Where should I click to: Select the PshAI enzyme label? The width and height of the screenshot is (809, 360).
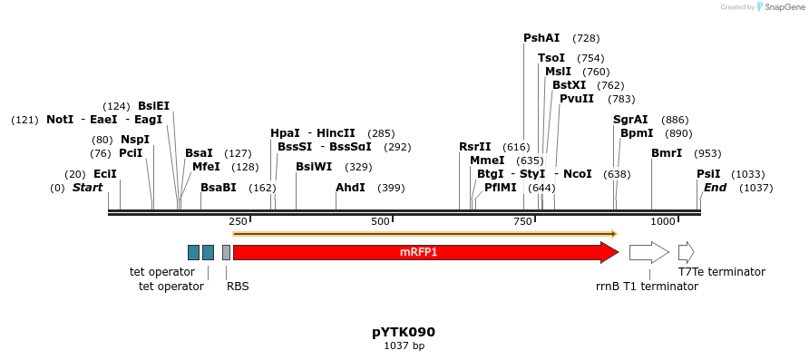[x=541, y=38]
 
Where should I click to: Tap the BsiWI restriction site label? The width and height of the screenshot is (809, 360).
[x=314, y=167]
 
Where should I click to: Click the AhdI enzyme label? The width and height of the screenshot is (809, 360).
[x=350, y=188]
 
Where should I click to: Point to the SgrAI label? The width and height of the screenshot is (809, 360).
[x=630, y=120]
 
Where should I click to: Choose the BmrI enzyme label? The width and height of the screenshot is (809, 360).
[x=667, y=153]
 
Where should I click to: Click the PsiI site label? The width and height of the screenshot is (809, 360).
[x=708, y=174]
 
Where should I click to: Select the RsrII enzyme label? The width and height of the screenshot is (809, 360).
[x=474, y=147]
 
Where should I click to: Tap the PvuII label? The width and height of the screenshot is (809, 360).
[x=577, y=99]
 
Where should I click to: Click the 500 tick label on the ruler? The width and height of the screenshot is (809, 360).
[x=380, y=221]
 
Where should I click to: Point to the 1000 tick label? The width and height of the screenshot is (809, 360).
[x=663, y=221]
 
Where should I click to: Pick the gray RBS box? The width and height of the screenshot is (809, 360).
[x=226, y=252]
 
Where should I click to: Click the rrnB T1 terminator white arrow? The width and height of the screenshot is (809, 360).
[x=648, y=252]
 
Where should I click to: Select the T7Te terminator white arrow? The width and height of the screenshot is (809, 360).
[x=686, y=252]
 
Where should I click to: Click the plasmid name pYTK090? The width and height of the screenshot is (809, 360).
[x=404, y=332]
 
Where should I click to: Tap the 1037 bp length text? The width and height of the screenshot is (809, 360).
[x=404, y=345]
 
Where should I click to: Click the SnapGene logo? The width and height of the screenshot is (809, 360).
[x=778, y=7]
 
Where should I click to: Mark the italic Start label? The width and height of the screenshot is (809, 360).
[x=88, y=188]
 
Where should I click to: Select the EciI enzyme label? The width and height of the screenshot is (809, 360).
[x=104, y=174]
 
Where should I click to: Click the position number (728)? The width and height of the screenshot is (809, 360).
[x=586, y=38]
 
